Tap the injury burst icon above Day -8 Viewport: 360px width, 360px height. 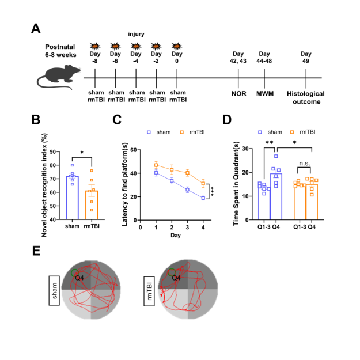(x=95, y=46)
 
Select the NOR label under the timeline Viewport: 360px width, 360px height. (x=239, y=94)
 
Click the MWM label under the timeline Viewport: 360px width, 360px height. (x=265, y=94)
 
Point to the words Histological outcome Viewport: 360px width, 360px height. (x=306, y=97)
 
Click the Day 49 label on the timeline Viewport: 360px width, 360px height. (x=306, y=58)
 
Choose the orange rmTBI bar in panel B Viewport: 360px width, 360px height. (x=92, y=205)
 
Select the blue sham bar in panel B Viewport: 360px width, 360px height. (x=73, y=198)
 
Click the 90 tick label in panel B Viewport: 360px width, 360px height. (x=53, y=151)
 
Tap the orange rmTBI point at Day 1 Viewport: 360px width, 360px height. (x=156, y=165)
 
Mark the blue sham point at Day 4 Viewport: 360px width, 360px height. (x=203, y=198)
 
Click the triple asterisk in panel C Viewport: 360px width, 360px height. (x=212, y=191)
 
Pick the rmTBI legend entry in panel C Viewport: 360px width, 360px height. (x=192, y=132)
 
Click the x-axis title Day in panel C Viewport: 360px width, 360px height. (x=176, y=236)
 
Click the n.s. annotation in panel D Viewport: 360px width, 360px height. (x=305, y=163)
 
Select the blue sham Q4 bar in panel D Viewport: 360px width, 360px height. (x=276, y=196)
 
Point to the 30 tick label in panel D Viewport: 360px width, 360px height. (x=245, y=149)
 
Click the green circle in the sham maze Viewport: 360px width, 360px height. (x=75, y=273)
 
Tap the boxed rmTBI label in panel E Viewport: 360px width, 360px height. (x=149, y=291)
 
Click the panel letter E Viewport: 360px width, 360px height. (x=36, y=251)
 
